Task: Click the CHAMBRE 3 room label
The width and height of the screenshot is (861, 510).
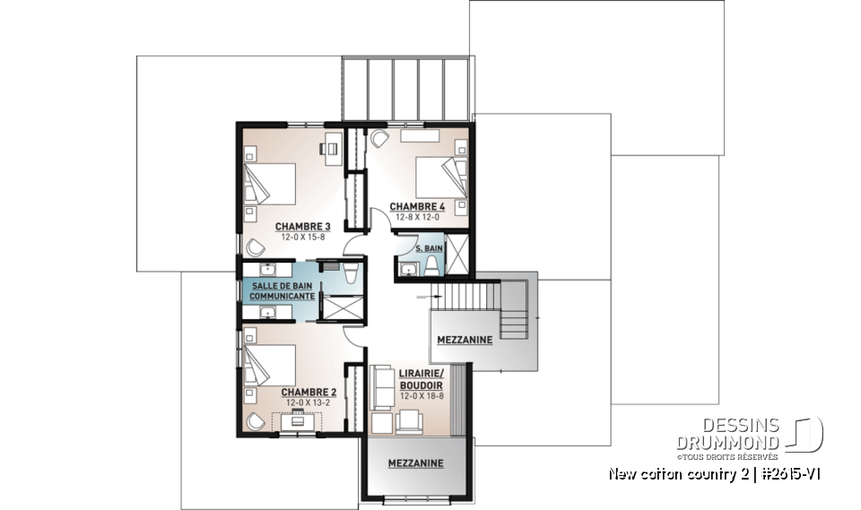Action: coord(302,226)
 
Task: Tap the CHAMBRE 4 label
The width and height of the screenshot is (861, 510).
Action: coord(417,206)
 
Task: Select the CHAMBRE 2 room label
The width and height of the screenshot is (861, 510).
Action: coord(308,393)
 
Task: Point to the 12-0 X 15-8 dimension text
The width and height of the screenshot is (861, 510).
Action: coord(302,238)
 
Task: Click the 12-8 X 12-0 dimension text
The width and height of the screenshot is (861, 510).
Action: coord(417,217)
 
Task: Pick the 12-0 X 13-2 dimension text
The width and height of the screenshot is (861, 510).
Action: coord(308,403)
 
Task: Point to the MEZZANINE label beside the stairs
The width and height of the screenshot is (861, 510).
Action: coord(464,341)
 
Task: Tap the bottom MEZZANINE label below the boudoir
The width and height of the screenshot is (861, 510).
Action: coord(416,463)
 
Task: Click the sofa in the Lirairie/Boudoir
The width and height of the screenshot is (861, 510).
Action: coord(380,386)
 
